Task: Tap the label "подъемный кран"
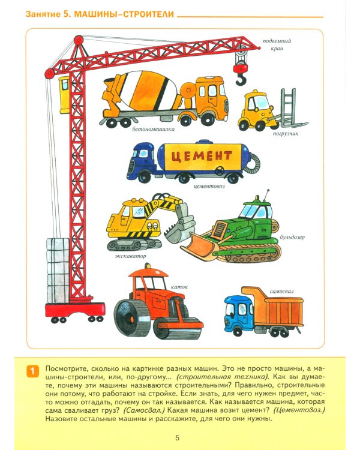pyautogui.click(x=277, y=45)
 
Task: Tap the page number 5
pyautogui.click(x=178, y=438)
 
